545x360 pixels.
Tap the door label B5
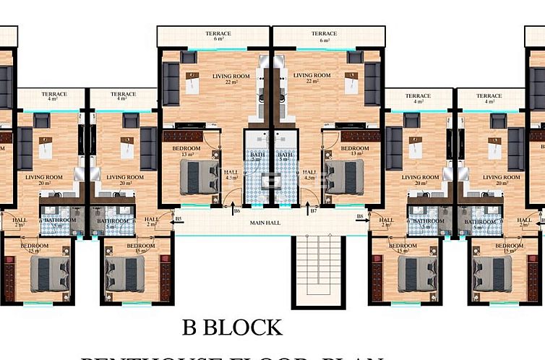point(179,218)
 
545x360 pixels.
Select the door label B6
point(236,211)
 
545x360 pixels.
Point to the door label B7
point(313,211)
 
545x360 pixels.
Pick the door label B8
point(359,217)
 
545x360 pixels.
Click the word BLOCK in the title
point(242,327)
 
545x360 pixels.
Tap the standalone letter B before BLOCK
point(189,327)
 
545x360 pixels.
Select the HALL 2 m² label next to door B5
point(151,222)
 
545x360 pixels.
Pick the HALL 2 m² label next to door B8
point(386,222)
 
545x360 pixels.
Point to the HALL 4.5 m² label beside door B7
point(309,174)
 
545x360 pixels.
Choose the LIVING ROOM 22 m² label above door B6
point(231,78)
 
